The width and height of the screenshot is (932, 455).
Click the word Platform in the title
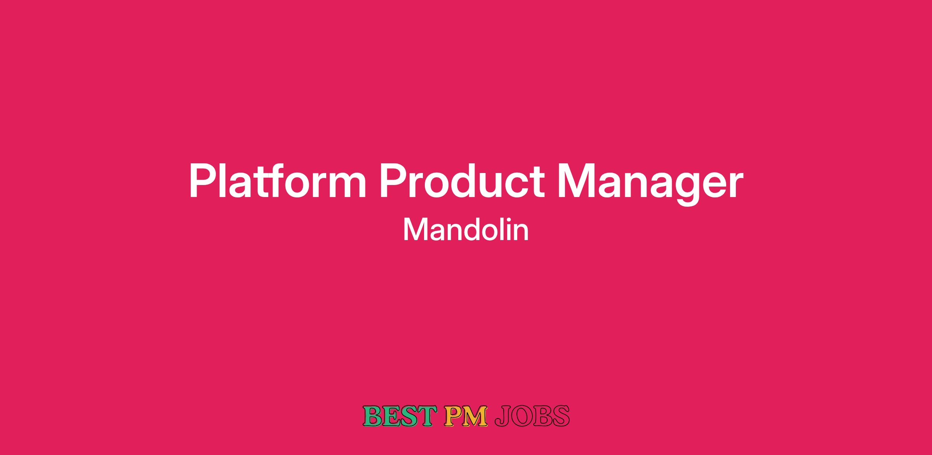[x=278, y=182]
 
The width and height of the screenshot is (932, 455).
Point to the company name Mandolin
[x=466, y=230]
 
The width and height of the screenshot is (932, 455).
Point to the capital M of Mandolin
[x=414, y=230]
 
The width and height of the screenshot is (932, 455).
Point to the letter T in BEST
[x=424, y=416]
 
